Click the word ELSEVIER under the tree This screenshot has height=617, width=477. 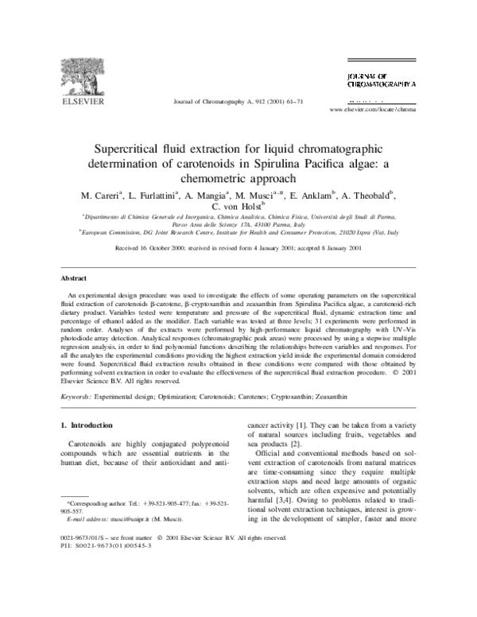click(x=75, y=102)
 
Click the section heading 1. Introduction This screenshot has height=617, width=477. click(x=91, y=425)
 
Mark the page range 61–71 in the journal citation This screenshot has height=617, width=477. click(x=293, y=102)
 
